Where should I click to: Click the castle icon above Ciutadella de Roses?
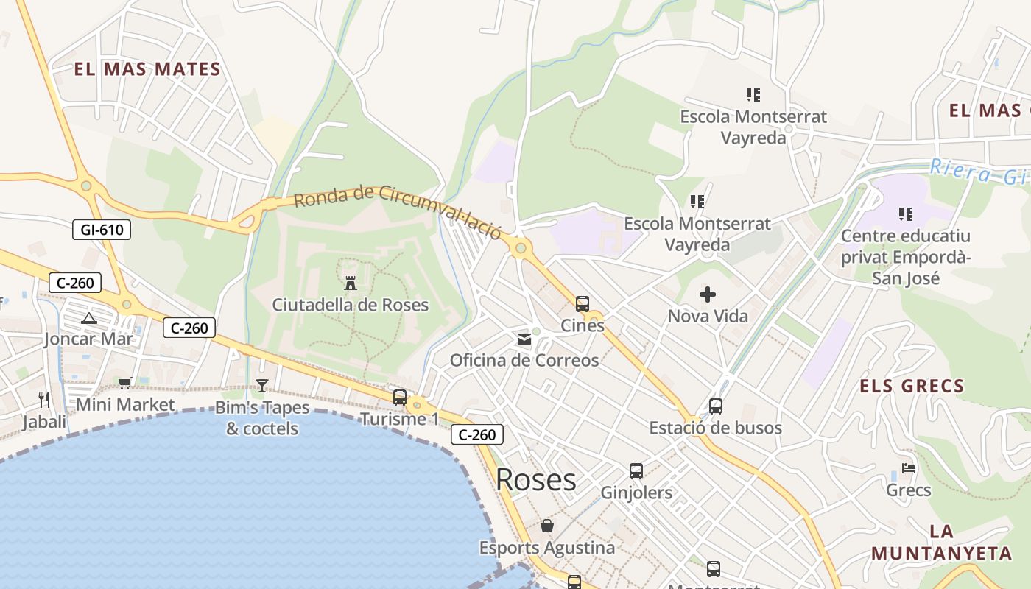point(351,282)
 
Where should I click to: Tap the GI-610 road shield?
point(102,230)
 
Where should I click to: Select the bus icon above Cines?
point(582,303)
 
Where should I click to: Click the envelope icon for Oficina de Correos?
point(524,339)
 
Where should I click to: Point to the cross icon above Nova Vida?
point(707,294)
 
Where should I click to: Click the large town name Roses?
point(535,480)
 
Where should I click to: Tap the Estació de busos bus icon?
point(715,406)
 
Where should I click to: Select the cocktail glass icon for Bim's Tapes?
point(261,385)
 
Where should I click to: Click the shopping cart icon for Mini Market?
point(124,383)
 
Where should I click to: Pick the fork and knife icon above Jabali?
point(44,400)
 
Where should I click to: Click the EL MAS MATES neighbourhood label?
point(147,70)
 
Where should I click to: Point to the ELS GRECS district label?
point(912,386)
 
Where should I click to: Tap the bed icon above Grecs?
point(908,468)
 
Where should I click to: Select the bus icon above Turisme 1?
point(399,398)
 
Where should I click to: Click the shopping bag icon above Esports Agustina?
point(546,526)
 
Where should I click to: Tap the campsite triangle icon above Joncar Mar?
point(89,318)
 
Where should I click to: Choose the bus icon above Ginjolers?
point(636,471)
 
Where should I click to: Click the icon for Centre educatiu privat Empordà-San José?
point(905,214)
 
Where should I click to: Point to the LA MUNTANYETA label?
point(941,543)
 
